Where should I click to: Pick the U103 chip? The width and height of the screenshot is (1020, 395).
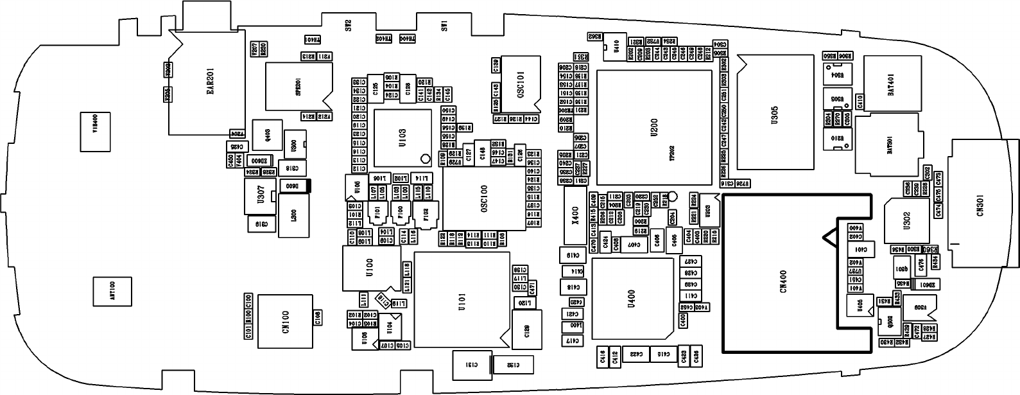click(402, 137)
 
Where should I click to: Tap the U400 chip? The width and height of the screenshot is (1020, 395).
click(632, 297)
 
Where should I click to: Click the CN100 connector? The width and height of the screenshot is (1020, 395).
click(285, 321)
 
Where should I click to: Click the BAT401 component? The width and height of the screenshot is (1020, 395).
click(890, 85)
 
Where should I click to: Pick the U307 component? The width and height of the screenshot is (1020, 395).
click(260, 195)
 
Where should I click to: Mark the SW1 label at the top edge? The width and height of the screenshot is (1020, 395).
click(444, 26)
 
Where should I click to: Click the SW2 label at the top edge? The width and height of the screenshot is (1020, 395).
click(349, 26)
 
